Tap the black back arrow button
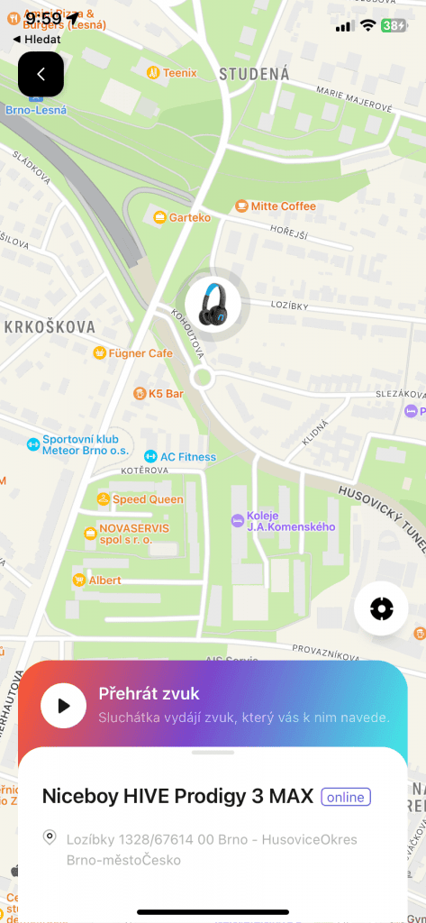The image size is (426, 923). [x=41, y=74]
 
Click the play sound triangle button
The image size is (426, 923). [x=63, y=705]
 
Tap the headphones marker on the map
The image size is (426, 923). [x=213, y=303]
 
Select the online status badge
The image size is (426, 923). [x=346, y=797]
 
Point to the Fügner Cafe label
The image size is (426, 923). [x=133, y=353]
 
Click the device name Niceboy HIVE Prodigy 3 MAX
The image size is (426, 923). [x=177, y=797]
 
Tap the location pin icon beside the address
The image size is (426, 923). [x=50, y=838]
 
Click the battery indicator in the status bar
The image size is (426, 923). [x=394, y=25]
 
